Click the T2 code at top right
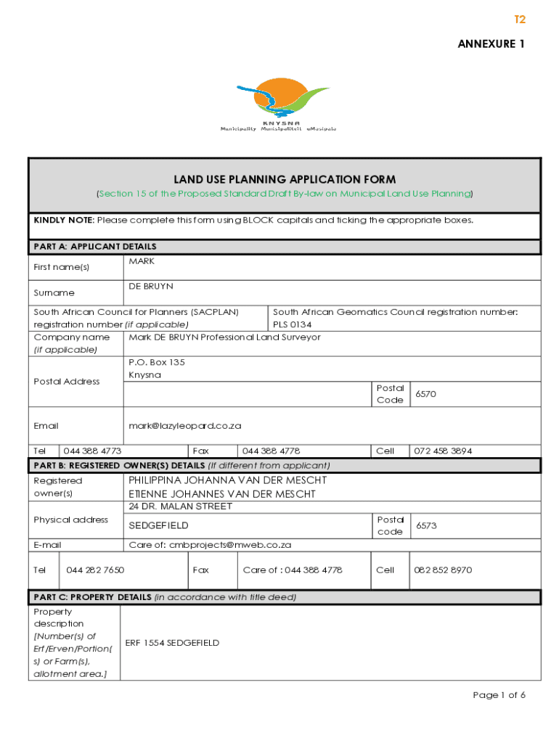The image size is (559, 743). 519,20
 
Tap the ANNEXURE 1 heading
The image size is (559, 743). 491,44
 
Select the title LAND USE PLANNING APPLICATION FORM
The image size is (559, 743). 285,179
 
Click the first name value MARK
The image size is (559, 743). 142,261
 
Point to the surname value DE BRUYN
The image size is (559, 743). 151,287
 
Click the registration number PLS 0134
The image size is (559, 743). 292,324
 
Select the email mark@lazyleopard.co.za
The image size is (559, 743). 184,426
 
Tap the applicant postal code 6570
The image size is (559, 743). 426,394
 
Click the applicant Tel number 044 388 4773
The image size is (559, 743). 92,451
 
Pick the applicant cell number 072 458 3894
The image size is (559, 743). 442,451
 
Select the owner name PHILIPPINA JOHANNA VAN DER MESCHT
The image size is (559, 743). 227,480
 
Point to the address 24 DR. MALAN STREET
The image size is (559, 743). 180,506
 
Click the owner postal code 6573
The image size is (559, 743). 426,525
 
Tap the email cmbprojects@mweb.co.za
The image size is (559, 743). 210,544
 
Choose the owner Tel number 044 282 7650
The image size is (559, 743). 95,570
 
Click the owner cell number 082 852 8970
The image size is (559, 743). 443,570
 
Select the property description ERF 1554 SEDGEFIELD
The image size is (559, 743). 172,643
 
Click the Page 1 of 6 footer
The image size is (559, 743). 499,695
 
